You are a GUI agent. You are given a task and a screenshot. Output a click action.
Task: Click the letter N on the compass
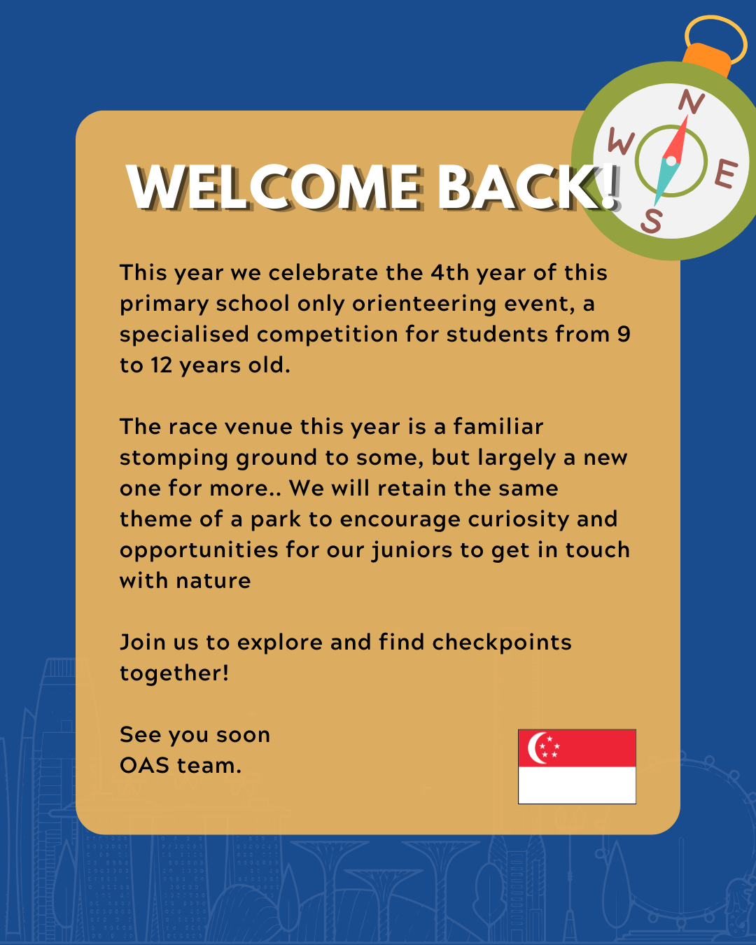pyautogui.click(x=692, y=101)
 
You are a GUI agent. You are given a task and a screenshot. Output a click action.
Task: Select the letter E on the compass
pyautogui.click(x=725, y=174)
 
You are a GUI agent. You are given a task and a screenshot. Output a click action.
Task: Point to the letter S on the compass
pyautogui.click(x=652, y=220)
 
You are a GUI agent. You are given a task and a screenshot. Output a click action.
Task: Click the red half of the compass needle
pyautogui.click(x=677, y=139)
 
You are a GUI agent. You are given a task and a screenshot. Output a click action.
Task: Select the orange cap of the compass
pyautogui.click(x=706, y=61)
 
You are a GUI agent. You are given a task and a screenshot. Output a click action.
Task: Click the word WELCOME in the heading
pyautogui.click(x=273, y=187)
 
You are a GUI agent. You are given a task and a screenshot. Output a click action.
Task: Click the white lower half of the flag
pyautogui.click(x=577, y=785)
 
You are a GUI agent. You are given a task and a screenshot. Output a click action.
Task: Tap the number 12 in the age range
pyautogui.click(x=161, y=365)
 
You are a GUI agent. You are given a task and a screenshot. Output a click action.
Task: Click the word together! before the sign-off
pyautogui.click(x=174, y=674)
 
